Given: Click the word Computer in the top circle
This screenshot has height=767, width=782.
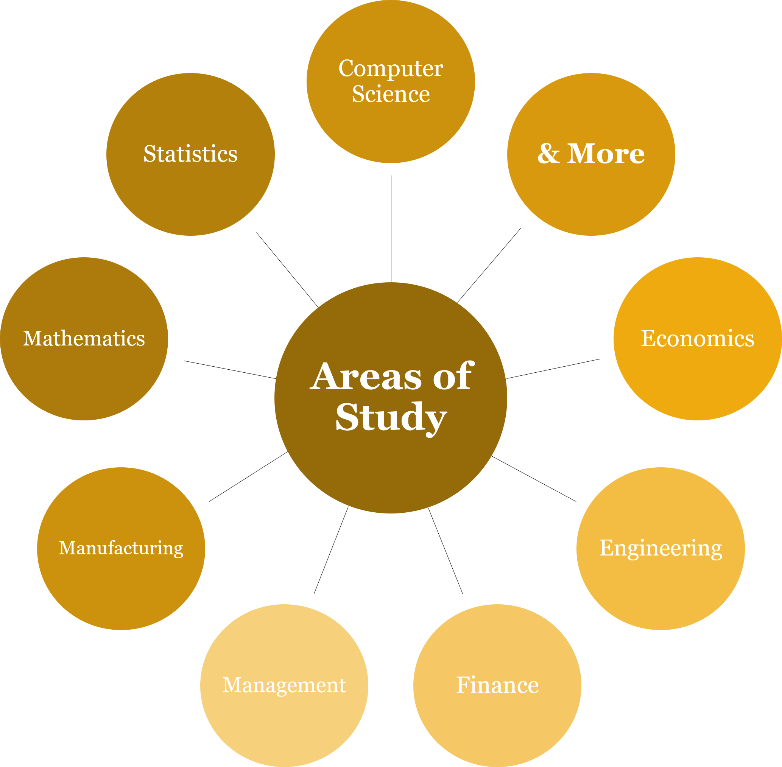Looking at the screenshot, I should (390, 68).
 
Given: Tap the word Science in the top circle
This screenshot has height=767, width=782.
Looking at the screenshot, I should (390, 94).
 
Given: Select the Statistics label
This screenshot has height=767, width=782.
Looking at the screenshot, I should (190, 154).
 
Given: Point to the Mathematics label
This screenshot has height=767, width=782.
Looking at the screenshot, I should (84, 338).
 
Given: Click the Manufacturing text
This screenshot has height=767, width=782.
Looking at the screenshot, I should (121, 548).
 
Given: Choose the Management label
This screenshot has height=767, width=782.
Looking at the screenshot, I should (284, 685).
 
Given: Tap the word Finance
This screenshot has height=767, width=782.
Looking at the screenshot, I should (497, 685).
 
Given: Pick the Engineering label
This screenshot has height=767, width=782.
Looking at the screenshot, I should (660, 548).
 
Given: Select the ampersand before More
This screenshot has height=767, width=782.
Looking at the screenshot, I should (548, 154).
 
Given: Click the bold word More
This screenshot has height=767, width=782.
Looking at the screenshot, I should (606, 154).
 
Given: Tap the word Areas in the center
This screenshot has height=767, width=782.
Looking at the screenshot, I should (366, 376).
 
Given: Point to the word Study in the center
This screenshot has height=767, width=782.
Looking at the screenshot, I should (391, 417).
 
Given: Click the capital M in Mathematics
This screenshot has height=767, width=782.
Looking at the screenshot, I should (32, 338).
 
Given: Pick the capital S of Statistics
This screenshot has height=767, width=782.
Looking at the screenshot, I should (150, 154).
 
